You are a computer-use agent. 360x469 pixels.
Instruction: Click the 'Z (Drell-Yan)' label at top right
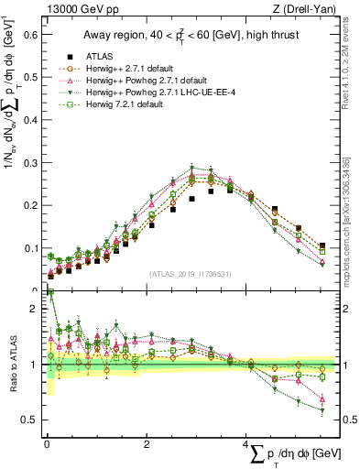[307, 8]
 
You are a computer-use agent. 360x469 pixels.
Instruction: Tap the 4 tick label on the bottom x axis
[246, 443]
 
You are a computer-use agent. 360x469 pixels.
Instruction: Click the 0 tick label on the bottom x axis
[47, 443]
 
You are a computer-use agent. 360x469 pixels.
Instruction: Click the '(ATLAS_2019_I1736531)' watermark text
[190, 274]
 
